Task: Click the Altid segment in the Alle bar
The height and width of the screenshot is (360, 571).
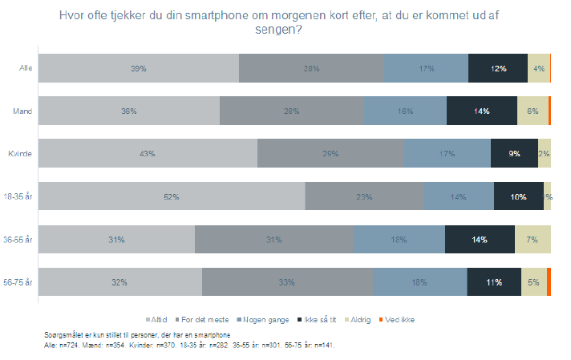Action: (x=139, y=68)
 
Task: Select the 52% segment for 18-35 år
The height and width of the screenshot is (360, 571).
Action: (x=172, y=196)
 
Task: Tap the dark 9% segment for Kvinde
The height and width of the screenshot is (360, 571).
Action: (x=514, y=153)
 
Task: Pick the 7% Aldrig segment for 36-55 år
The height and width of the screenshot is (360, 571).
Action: (x=533, y=239)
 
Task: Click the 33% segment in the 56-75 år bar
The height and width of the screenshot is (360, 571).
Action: (x=287, y=282)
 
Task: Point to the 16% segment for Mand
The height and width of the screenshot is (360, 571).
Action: (x=405, y=111)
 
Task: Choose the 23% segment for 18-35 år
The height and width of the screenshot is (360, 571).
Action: (x=364, y=196)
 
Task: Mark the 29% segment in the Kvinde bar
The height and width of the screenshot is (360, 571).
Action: (x=330, y=153)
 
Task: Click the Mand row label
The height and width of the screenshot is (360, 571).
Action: (x=21, y=111)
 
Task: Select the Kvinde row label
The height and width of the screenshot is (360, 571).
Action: (x=19, y=153)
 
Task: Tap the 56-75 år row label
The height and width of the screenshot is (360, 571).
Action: (x=18, y=282)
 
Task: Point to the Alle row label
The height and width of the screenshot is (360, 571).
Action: (x=25, y=68)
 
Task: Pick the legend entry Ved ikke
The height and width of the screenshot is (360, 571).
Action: (x=399, y=319)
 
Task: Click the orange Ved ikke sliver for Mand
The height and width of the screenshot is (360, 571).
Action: (x=549, y=111)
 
